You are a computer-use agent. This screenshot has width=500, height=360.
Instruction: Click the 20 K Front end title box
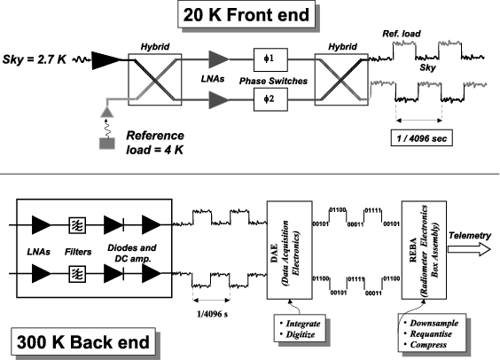point(246,14)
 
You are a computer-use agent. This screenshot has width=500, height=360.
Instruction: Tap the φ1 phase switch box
point(270,59)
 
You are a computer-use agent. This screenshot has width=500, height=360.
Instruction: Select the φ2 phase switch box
point(270,99)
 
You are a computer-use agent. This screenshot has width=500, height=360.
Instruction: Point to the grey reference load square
point(107,144)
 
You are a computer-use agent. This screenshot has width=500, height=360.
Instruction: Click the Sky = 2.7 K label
point(35,59)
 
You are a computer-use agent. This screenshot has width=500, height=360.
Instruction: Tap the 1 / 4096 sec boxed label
point(422,138)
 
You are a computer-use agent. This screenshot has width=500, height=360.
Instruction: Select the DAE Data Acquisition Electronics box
point(290,250)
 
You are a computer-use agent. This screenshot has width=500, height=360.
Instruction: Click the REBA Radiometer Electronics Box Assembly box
point(424,250)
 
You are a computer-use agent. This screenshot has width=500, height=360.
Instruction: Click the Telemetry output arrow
point(469,249)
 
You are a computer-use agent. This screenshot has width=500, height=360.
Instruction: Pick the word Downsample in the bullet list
point(434,323)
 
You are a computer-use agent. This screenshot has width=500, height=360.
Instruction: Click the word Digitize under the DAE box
point(301,334)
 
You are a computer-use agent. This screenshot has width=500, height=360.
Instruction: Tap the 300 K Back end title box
point(83,341)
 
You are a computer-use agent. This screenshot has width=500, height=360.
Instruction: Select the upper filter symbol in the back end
point(77,225)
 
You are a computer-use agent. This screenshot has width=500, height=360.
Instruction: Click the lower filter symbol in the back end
point(77,274)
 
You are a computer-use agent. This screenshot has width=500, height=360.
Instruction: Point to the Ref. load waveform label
point(402,34)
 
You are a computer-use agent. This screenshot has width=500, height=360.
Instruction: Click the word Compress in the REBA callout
point(428,345)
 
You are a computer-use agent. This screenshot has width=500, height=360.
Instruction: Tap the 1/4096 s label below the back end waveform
point(213,314)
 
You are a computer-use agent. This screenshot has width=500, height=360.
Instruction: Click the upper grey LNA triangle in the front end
point(219,59)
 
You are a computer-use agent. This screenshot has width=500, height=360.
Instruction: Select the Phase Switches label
point(274,81)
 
